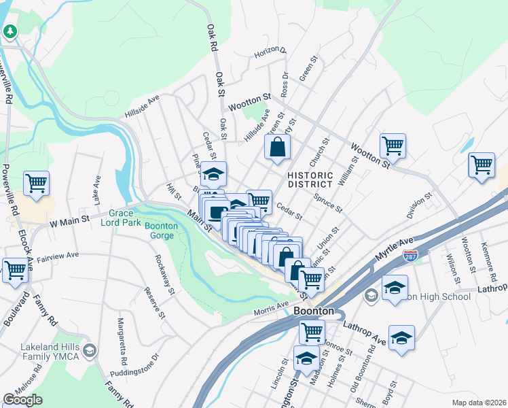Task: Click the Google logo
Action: (x=22, y=400)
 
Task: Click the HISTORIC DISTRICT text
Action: (x=310, y=180)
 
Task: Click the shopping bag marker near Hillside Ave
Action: (x=277, y=148)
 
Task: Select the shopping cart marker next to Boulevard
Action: (x=15, y=271)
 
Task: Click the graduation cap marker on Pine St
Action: (x=214, y=175)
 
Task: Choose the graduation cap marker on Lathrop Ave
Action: (x=401, y=339)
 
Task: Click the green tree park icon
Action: (x=10, y=31)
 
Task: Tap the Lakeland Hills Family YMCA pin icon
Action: (x=90, y=351)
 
